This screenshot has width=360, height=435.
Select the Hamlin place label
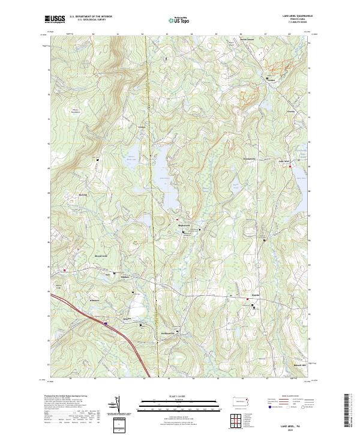coord(254,295)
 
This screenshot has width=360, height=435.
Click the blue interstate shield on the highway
coord(106,323)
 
